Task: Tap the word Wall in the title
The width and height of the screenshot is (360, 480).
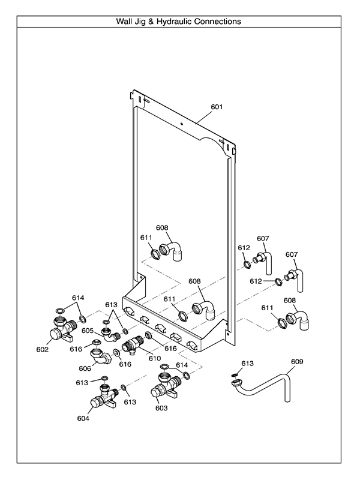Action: (125, 21)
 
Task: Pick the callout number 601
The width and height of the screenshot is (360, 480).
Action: (217, 107)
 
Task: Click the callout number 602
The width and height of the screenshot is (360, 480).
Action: (43, 348)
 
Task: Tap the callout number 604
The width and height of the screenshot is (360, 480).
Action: (83, 418)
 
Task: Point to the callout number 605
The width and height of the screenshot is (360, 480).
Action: (88, 331)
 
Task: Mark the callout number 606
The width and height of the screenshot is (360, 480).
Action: (85, 368)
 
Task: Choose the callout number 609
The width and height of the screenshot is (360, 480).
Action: (297, 362)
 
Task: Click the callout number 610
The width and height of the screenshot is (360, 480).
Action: (155, 358)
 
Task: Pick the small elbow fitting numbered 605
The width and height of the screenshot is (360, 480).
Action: (110, 335)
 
